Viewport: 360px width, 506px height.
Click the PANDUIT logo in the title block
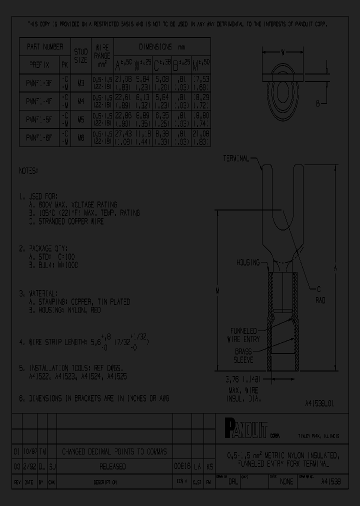[245, 428]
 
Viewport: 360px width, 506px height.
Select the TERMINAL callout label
[236, 159]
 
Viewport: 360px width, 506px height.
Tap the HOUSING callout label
[248, 262]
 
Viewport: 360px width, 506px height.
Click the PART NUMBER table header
[45, 46]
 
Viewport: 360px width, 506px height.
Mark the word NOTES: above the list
[29, 170]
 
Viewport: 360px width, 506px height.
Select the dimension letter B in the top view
[318, 103]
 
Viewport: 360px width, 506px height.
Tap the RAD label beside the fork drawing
[320, 300]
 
